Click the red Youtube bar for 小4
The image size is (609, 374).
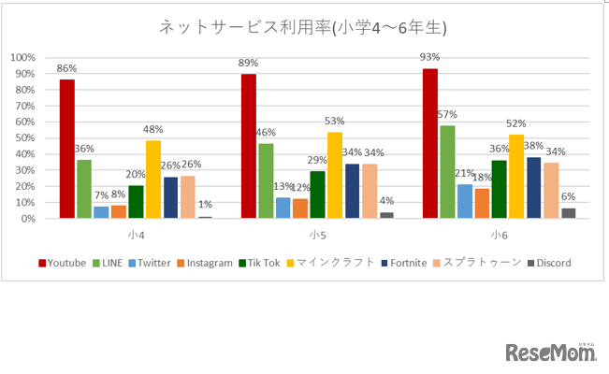[x=66, y=150]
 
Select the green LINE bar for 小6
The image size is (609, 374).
[x=447, y=172]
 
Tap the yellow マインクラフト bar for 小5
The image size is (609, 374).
[x=334, y=176]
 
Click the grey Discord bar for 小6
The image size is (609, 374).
[x=568, y=213]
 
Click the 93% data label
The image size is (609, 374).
[x=430, y=59]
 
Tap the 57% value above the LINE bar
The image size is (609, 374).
[x=447, y=115]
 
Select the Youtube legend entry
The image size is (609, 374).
[x=64, y=263]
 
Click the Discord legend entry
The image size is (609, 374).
[x=549, y=263]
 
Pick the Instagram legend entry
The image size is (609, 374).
[x=203, y=263]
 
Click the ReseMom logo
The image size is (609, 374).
[x=551, y=352]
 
